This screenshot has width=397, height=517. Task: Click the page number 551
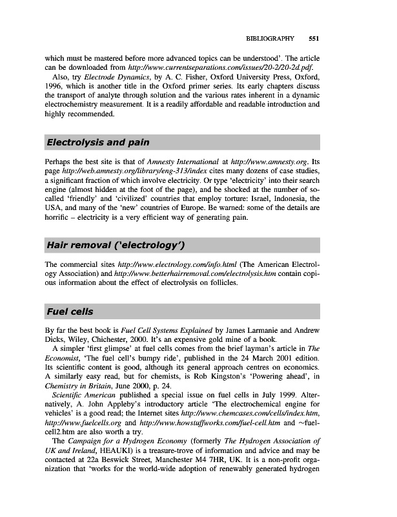[x=313, y=37]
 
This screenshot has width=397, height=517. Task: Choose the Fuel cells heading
[x=70, y=311]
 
